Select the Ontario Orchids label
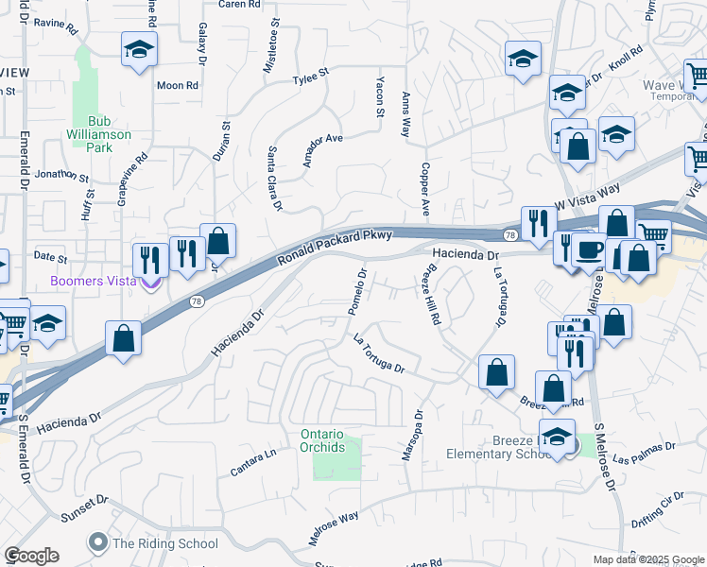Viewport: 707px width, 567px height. pos(323,440)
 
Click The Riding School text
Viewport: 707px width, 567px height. pos(164,543)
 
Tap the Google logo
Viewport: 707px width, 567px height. pos(31,556)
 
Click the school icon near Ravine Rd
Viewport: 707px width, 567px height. pos(140,50)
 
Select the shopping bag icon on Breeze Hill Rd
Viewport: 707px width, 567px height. pos(496,374)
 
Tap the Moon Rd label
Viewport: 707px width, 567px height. pos(178,85)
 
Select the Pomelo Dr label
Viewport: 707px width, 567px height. pos(356,292)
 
